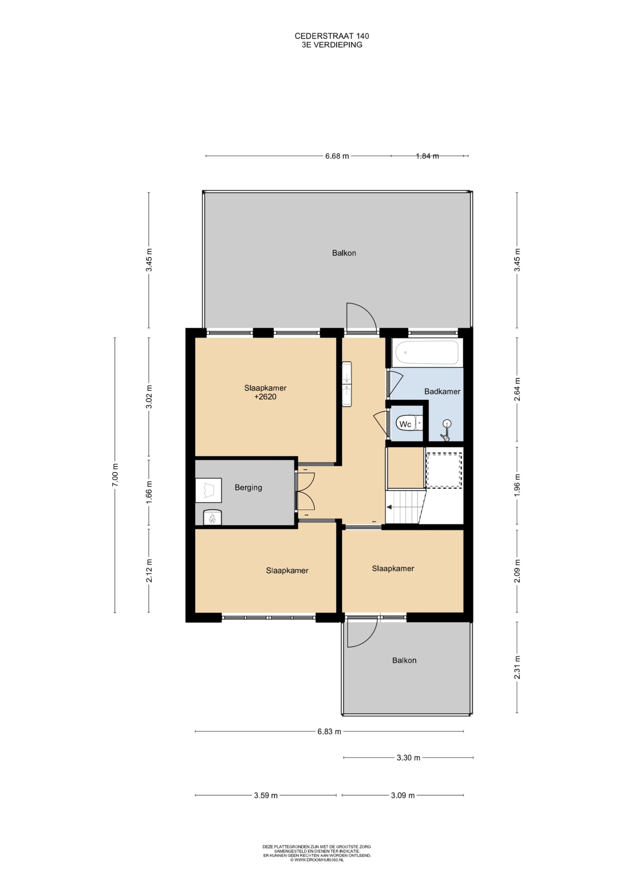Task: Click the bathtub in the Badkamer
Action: pos(427,353)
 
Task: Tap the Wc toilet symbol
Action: pos(409,424)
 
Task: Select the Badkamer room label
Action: pos(442,391)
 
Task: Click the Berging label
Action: pos(249,487)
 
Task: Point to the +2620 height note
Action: pos(265,397)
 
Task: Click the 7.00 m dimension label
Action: pos(115,475)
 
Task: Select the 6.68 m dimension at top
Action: pos(337,156)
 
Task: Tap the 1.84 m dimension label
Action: pos(427,156)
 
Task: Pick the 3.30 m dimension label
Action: pos(408,758)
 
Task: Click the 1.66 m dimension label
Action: pos(149,492)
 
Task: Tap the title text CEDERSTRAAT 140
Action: pos(332,36)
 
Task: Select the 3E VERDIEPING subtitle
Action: pos(332,45)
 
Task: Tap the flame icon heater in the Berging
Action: pos(212,517)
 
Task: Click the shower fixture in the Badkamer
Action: pos(446,431)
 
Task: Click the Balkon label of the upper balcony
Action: pos(344,253)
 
